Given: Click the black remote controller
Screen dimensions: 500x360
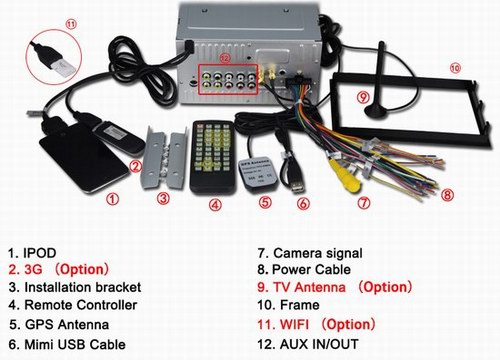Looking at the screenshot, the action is (x=213, y=158).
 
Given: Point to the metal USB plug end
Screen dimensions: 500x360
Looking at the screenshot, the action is (x=298, y=187).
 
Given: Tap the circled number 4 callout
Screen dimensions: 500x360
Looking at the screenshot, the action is (x=216, y=204).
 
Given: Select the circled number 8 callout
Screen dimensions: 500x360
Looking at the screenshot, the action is (x=447, y=195).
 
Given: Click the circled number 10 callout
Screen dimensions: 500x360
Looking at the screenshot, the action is (x=455, y=68).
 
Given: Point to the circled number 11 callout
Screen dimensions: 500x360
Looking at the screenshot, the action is (x=72, y=24).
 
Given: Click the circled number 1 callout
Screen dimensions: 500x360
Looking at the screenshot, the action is (x=112, y=199).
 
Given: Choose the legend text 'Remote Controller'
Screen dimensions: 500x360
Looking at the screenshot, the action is (x=81, y=305).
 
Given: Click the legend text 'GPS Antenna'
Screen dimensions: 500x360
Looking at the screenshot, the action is (x=67, y=324).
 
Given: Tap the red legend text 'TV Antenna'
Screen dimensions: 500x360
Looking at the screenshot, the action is (x=309, y=287).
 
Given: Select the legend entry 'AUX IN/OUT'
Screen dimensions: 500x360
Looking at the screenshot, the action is (x=319, y=344).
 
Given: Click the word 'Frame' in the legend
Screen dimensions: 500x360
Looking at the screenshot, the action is (x=300, y=305).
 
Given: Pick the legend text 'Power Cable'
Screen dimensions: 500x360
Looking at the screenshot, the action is (x=311, y=269).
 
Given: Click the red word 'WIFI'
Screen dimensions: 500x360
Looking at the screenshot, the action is (x=294, y=324).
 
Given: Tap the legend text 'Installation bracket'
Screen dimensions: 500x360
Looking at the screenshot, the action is (x=83, y=287).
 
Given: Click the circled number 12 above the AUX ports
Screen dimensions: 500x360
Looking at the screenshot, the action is (x=225, y=59).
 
